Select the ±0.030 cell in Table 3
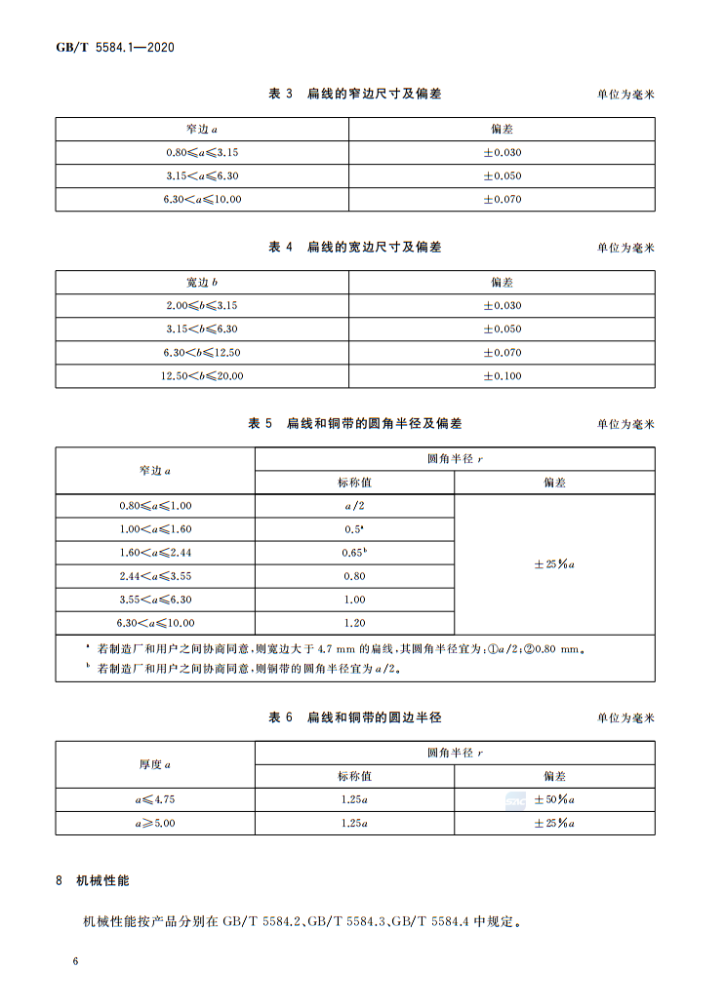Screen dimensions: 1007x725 [x=503, y=153]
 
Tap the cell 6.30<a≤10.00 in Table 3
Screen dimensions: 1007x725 [x=202, y=200]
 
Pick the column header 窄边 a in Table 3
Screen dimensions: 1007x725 [x=202, y=130]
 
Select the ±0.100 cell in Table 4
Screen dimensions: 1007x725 [x=503, y=376]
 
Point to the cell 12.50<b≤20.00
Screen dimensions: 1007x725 [x=202, y=376]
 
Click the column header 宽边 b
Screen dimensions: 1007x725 [x=202, y=283]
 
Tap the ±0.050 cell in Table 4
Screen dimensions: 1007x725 [x=503, y=329]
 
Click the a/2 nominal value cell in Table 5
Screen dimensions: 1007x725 [x=354, y=506]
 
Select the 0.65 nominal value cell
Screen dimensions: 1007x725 [x=354, y=553]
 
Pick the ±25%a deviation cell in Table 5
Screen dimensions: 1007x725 [x=554, y=564]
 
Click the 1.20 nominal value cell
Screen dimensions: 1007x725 [x=354, y=623]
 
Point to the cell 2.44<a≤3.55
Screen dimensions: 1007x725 [x=155, y=576]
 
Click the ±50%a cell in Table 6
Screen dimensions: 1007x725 [x=554, y=799]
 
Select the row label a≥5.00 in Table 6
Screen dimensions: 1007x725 [x=155, y=823]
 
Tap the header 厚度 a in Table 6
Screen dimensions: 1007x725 [x=155, y=764]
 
